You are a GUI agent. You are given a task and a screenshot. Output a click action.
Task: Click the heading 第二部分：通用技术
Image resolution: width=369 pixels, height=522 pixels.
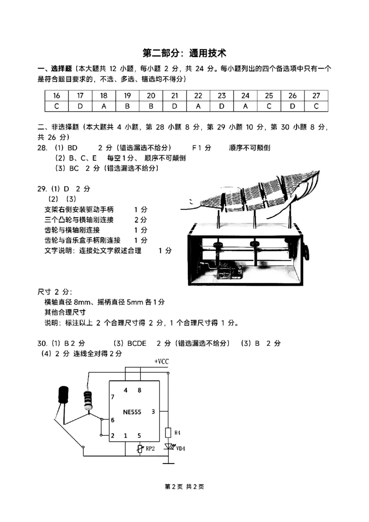click(184, 53)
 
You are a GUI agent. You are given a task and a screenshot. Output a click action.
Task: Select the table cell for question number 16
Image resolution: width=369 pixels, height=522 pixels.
click(57, 95)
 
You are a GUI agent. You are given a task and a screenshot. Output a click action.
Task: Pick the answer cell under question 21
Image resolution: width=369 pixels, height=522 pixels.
click(174, 106)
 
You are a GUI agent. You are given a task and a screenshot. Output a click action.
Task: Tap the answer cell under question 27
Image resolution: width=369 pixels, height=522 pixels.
click(316, 106)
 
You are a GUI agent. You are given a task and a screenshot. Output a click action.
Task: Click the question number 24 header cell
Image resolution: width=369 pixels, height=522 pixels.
click(245, 95)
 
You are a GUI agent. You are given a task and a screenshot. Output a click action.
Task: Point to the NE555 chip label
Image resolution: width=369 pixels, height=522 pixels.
click(132, 412)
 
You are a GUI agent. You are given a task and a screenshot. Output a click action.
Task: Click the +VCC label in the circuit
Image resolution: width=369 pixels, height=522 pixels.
click(161, 361)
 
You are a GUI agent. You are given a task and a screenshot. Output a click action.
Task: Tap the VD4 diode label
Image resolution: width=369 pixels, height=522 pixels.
click(181, 448)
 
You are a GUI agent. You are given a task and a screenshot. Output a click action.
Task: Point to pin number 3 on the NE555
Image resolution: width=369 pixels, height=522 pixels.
click(153, 412)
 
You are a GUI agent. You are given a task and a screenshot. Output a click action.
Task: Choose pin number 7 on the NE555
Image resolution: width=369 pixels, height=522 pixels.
click(113, 397)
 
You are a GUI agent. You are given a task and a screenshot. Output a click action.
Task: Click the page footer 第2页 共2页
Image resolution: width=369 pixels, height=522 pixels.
click(184, 486)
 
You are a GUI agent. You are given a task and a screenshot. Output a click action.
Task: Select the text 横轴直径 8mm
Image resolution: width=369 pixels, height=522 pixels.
click(66, 302)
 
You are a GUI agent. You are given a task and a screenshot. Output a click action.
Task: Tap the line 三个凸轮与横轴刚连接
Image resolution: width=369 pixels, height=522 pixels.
click(79, 219)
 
